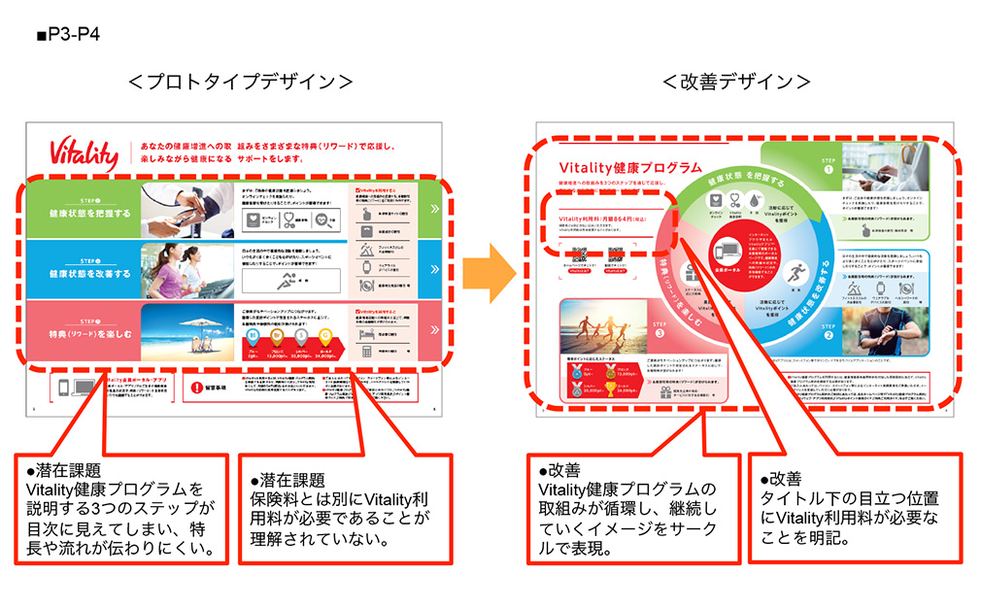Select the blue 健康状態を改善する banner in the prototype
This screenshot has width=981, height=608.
84,266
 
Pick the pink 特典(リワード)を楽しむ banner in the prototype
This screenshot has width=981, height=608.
84,329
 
